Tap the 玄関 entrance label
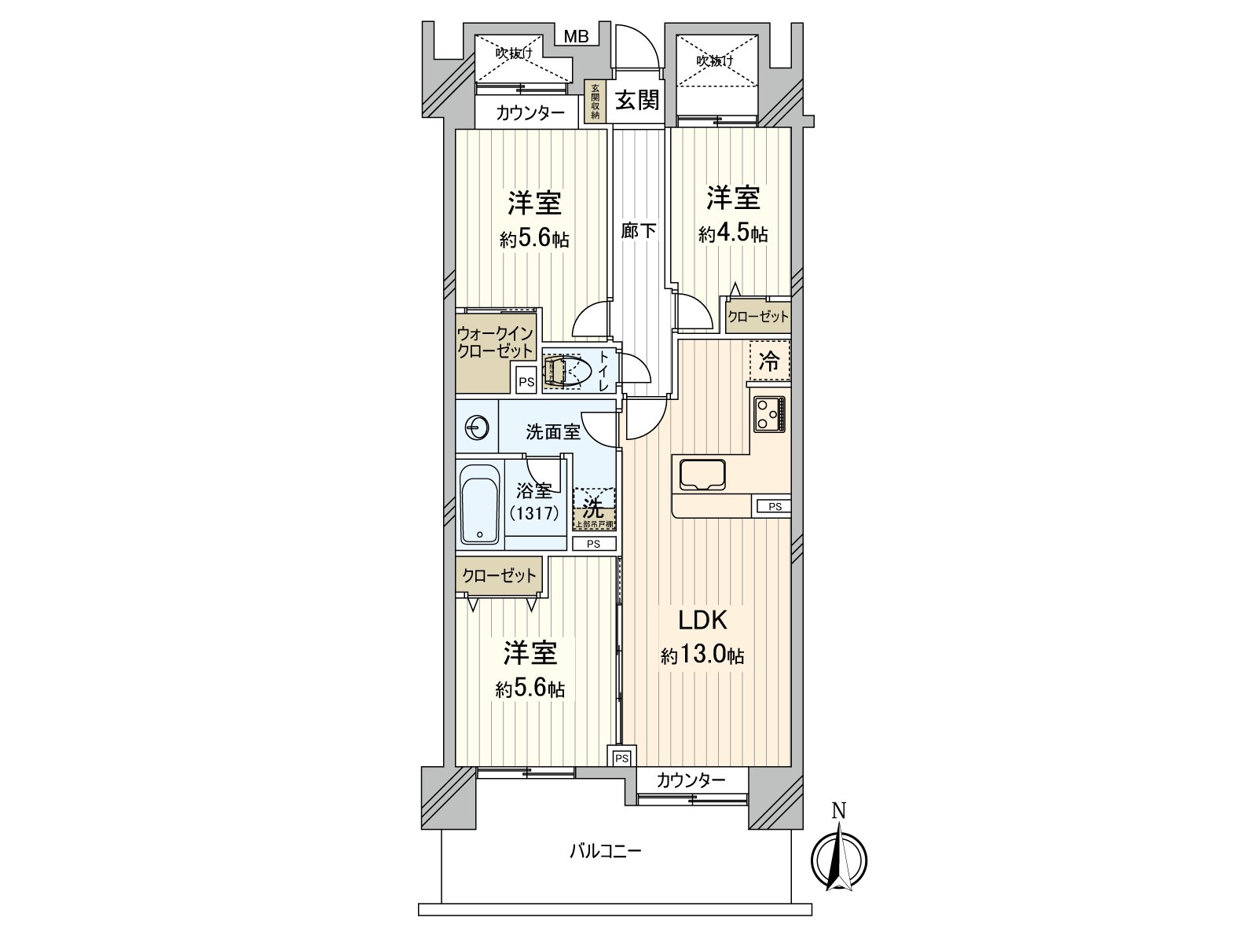tap(637, 100)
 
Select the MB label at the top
tap(576, 37)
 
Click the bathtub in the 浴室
tap(480, 503)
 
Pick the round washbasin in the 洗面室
tap(476, 427)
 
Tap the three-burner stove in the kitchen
tap(769, 413)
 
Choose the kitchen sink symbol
tap(702, 475)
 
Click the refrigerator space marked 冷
tap(769, 361)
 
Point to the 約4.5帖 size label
tap(733, 233)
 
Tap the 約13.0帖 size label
tap(702, 655)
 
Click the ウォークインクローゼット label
tap(496, 342)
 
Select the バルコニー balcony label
tap(605, 851)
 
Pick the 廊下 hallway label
tap(639, 231)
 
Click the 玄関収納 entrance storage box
tap(595, 101)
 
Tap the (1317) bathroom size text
tap(534, 512)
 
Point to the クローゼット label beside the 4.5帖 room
tap(757, 316)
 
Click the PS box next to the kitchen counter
tap(775, 506)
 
